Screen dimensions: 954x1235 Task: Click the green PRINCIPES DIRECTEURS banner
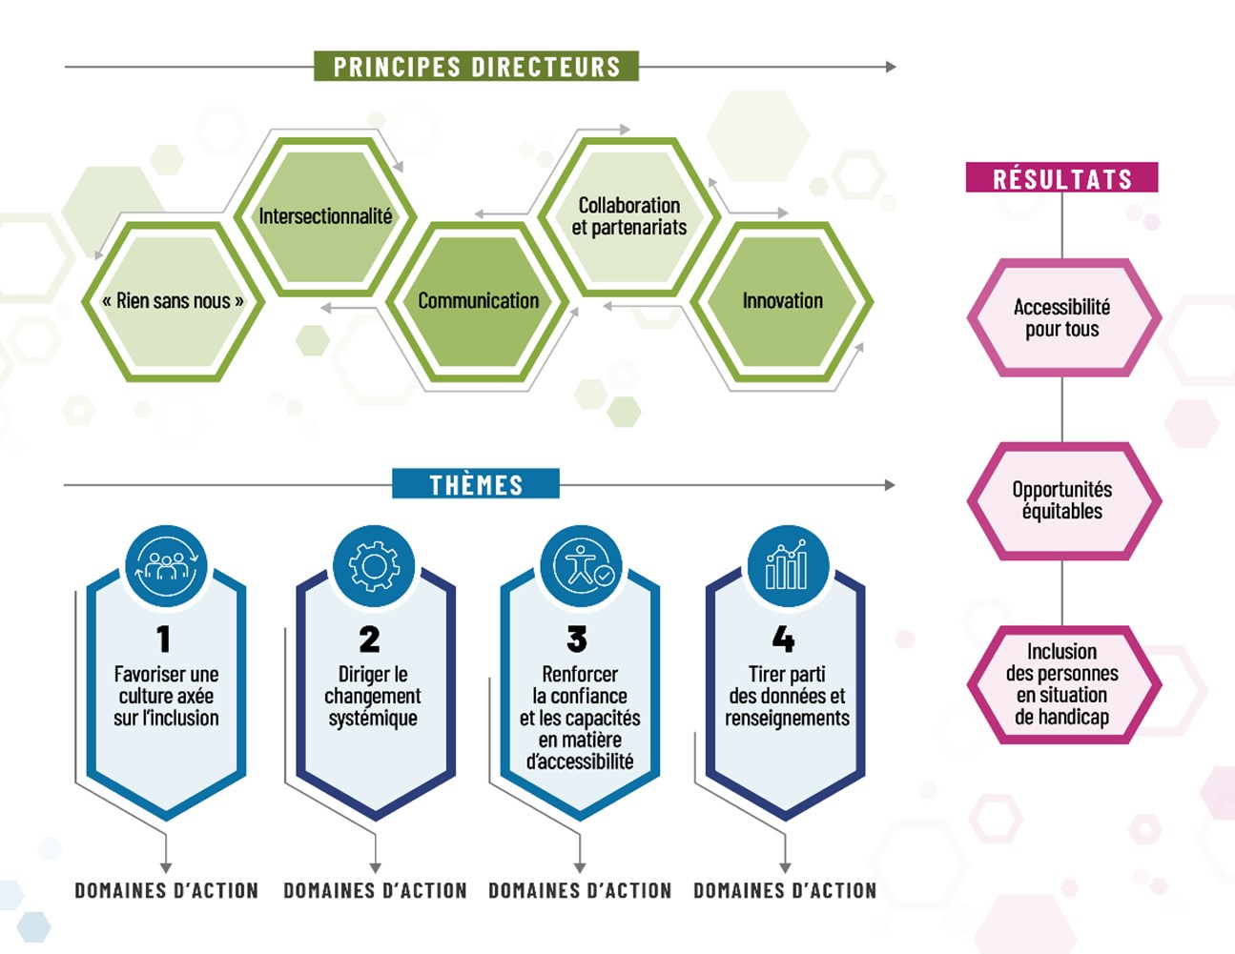coord(476,67)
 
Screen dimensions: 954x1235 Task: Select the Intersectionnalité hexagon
coord(325,216)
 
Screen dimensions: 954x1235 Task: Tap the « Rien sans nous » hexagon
coord(173,301)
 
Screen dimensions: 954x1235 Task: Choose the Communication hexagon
coord(478,301)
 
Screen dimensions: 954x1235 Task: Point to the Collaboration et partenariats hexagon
coord(629,216)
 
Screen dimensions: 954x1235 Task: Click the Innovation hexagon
coord(782,301)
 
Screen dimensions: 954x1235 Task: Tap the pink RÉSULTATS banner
coord(1061,178)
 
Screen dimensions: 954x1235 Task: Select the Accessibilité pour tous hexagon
coord(1062,318)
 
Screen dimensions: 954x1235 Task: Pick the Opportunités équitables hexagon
coord(1062,500)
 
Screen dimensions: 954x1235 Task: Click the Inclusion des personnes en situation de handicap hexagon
coord(1062,684)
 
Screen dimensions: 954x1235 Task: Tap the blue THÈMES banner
coord(476,484)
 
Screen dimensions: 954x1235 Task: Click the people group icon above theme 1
coord(166,566)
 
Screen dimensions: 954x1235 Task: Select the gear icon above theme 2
coord(374,566)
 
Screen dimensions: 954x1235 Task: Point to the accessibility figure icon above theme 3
coord(581,566)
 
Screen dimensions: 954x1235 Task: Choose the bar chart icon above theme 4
coord(787,566)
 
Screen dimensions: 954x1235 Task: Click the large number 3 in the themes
coord(577,639)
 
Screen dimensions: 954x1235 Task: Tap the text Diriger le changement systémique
coord(373,697)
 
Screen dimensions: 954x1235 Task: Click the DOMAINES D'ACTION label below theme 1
coord(167,891)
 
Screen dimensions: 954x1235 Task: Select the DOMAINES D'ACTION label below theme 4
coord(785,891)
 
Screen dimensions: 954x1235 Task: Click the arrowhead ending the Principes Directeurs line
coord(891,67)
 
